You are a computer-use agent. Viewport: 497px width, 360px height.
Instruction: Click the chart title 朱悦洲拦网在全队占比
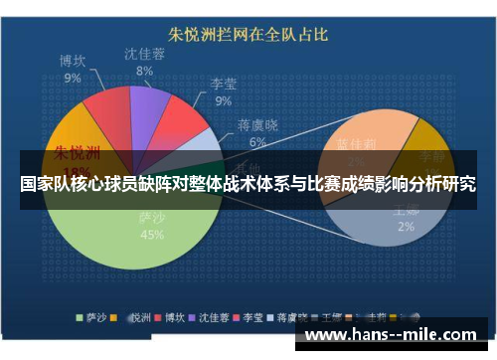pyautogui.click(x=247, y=34)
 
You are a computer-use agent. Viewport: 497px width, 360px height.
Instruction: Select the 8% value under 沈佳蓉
pyautogui.click(x=145, y=71)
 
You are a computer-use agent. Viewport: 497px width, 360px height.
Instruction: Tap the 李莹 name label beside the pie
pyautogui.click(x=224, y=86)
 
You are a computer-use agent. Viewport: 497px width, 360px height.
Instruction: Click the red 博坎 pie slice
pyautogui.click(x=104, y=114)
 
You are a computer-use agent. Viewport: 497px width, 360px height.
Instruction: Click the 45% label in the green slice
pyautogui.click(x=152, y=236)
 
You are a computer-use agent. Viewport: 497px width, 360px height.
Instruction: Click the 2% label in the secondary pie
pyautogui.click(x=406, y=227)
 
